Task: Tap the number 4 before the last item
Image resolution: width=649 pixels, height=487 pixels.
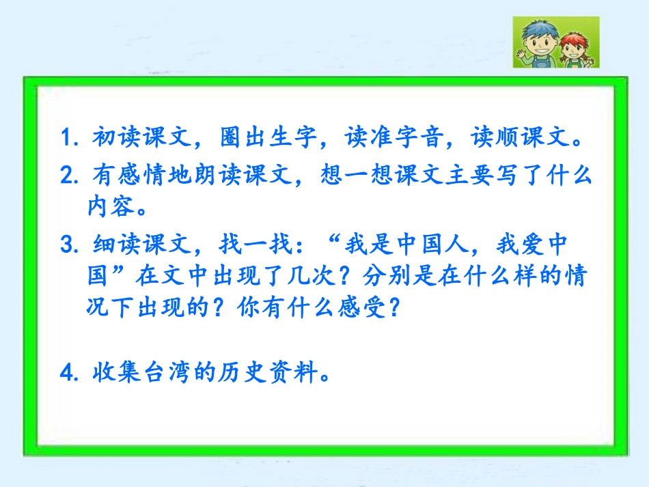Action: pos(66,374)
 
